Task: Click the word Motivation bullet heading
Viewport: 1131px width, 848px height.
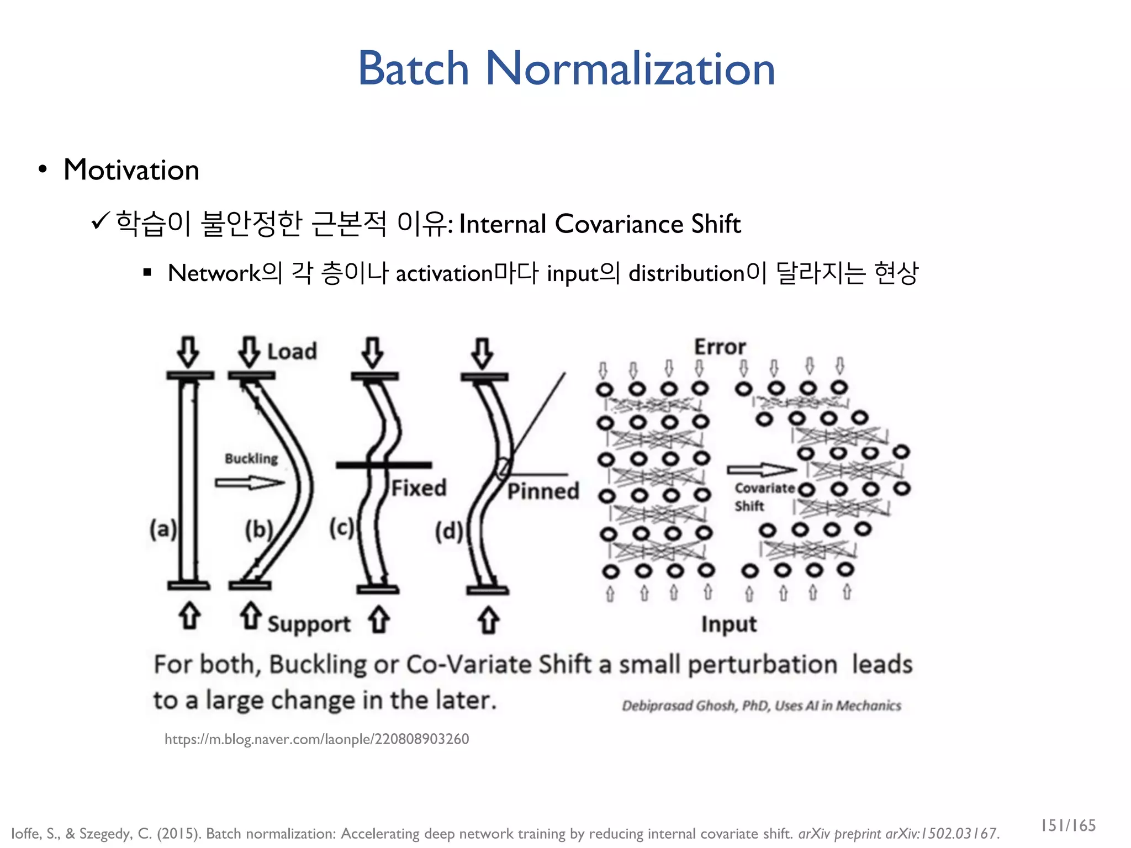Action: pos(131,169)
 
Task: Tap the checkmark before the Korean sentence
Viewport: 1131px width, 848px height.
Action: pos(101,222)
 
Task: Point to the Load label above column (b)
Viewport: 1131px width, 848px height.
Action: pos(292,352)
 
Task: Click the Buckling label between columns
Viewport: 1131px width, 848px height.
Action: pos(251,458)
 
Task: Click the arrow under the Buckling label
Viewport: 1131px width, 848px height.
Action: pos(250,483)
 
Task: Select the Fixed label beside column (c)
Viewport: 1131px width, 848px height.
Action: pos(419,488)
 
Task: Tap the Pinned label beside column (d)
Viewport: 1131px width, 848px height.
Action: pos(543,491)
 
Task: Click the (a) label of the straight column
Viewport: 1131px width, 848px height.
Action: pos(163,529)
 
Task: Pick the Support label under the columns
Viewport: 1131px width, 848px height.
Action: pos(309,624)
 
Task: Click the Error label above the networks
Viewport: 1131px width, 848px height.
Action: pos(720,347)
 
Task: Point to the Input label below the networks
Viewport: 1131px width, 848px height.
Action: pos(728,624)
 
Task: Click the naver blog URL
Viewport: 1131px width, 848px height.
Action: pos(316,739)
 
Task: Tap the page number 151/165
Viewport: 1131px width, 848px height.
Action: pos(1068,825)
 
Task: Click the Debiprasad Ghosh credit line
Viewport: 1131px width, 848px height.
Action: pos(761,706)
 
